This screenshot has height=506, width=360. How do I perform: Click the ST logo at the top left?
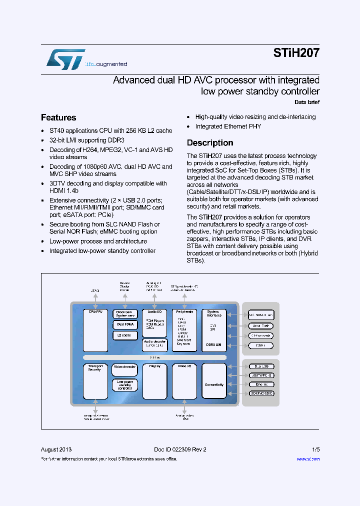[x=65, y=59]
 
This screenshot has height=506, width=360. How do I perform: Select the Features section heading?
[x=58, y=117]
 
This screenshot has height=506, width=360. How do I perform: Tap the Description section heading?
[x=210, y=143]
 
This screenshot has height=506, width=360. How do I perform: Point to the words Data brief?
[x=306, y=102]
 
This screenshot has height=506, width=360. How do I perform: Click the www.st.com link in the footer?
[x=308, y=458]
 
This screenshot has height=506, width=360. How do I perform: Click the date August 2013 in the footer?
[x=55, y=449]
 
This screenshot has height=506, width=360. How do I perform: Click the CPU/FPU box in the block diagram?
[x=95, y=330]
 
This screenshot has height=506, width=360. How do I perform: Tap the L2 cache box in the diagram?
[x=124, y=335]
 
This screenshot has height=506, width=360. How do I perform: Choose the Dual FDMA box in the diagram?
[x=124, y=324]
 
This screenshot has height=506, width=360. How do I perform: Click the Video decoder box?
[x=124, y=369]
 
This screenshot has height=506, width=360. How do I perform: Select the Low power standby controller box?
[x=124, y=384]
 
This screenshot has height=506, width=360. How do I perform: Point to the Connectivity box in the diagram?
[x=214, y=384]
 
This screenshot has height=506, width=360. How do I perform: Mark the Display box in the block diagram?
[x=154, y=381]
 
